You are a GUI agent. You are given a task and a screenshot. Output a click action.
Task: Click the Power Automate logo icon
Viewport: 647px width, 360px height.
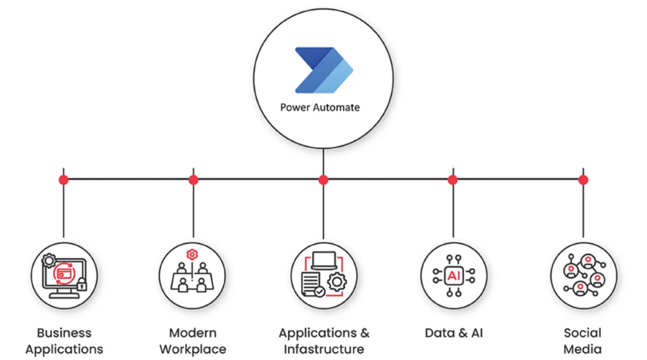[323, 70]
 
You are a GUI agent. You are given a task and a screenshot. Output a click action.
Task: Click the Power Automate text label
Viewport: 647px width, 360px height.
[320, 107]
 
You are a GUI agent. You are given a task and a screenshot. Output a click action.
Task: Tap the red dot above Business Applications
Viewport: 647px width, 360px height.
[63, 180]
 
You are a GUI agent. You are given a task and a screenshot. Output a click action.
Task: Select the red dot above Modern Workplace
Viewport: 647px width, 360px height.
[193, 180]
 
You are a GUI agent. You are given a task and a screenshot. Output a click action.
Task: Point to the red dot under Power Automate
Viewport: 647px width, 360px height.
[323, 180]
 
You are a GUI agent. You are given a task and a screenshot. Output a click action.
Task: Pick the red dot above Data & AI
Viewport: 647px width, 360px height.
[453, 180]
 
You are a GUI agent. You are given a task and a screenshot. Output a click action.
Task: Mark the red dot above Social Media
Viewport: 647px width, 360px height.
[584, 180]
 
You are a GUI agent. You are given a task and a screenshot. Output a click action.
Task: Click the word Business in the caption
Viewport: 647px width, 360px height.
[64, 333]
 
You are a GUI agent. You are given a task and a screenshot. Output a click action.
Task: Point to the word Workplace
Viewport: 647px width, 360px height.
[193, 350]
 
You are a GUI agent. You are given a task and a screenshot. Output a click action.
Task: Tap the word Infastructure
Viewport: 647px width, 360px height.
[323, 350]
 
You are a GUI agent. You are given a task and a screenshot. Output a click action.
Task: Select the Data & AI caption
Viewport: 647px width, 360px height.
[454, 333]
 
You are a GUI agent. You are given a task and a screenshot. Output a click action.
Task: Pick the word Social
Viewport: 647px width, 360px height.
[583, 333]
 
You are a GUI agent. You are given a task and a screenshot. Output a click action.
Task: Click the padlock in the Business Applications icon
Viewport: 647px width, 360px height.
[82, 284]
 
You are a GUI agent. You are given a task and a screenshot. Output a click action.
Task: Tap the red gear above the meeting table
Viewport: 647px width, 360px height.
[192, 254]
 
